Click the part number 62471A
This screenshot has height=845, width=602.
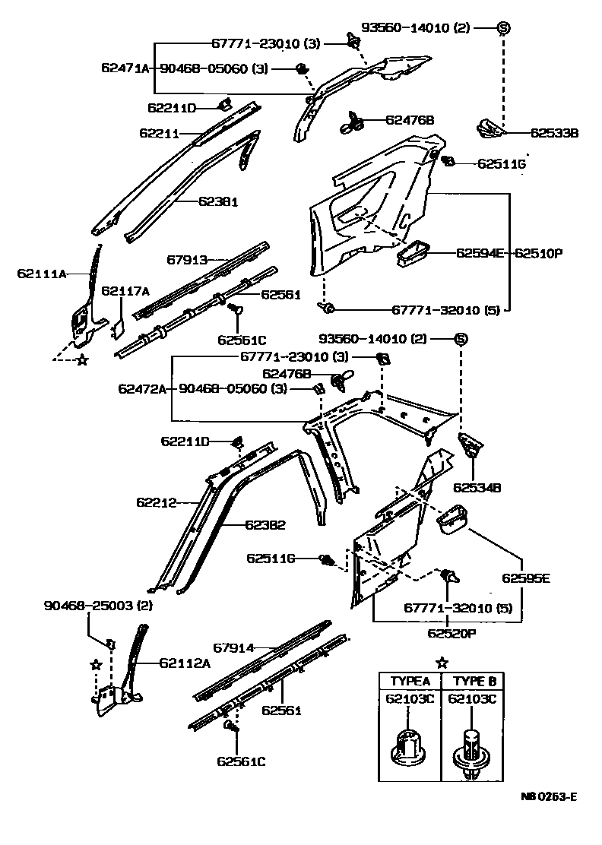tap(127, 68)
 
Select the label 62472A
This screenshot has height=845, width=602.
tap(142, 388)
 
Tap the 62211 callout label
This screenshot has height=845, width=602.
tap(159, 133)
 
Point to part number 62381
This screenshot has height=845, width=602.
tap(219, 202)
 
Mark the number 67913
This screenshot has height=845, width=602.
tap(187, 260)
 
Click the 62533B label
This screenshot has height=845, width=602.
tap(554, 132)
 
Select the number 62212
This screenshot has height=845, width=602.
tap(157, 502)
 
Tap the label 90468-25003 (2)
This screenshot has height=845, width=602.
tap(98, 606)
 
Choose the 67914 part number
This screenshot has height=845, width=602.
tap(233, 648)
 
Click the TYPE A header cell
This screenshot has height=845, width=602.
tap(410, 680)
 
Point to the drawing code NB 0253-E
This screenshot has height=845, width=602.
tap(549, 796)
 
